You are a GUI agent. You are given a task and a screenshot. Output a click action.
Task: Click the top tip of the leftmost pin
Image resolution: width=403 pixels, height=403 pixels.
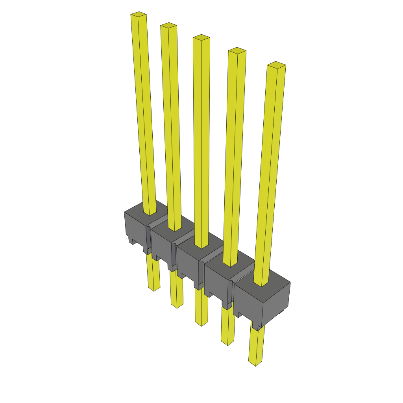(139, 15)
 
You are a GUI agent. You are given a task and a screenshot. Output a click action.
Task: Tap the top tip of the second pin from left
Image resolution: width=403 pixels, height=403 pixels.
(168, 26)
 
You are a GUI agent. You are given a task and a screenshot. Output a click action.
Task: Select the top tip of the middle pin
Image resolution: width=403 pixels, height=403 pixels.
(201, 38)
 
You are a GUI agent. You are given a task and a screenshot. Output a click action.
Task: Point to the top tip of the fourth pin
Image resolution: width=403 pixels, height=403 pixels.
(237, 51)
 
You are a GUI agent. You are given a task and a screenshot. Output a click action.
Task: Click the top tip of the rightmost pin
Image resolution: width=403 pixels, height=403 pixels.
(276, 65)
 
